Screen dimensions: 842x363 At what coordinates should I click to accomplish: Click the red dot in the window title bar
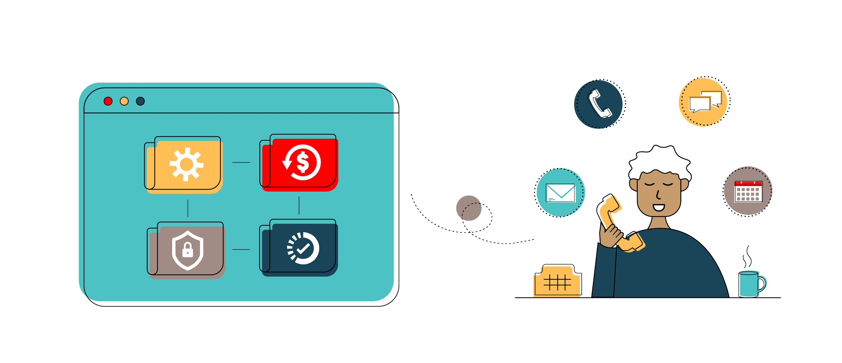(108, 101)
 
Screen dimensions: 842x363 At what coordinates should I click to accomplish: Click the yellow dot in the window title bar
(124, 101)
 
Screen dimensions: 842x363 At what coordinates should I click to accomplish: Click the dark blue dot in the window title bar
(140, 101)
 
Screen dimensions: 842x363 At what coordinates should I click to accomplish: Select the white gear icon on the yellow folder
(187, 164)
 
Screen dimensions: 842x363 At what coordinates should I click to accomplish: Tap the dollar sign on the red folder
(302, 162)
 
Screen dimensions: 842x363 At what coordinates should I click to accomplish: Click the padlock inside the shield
(188, 250)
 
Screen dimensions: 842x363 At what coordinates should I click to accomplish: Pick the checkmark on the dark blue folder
(303, 249)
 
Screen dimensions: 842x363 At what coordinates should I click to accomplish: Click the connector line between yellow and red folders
(241, 163)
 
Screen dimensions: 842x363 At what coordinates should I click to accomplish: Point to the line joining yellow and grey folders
(188, 208)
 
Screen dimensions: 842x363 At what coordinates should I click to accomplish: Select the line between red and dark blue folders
(299, 205)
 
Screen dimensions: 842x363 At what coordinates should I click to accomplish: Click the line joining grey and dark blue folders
(241, 250)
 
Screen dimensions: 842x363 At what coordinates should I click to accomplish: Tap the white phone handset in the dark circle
(599, 104)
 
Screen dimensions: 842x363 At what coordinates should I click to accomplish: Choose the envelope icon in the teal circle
(560, 193)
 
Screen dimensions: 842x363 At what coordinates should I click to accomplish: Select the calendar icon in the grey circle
(748, 191)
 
